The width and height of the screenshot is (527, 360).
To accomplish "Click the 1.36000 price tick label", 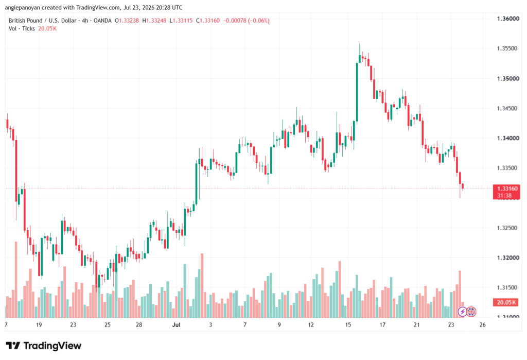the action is pos(508,19).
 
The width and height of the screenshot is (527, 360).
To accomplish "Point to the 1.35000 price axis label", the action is pos(508,79).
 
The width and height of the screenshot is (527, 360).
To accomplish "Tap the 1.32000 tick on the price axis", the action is pos(508,258).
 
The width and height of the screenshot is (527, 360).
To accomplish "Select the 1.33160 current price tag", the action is pos(506,188).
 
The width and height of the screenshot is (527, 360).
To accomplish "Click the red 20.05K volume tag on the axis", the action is pos(506,302).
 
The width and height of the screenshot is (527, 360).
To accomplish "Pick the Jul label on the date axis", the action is pos(176,324).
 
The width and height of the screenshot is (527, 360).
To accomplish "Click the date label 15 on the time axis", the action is pos(348,324).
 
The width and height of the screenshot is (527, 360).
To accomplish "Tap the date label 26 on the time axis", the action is pos(482,324).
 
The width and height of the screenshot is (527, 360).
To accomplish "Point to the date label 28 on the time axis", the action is pos(139,324).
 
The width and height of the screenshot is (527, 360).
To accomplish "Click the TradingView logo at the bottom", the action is pos(44,346).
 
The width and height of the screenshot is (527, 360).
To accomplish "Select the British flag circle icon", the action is pos(471,312).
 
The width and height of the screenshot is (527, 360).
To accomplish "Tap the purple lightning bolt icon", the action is pos(463,312).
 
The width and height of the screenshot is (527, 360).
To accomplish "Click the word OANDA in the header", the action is pos(102,21).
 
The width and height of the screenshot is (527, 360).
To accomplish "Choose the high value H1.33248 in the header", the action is pos(154,21).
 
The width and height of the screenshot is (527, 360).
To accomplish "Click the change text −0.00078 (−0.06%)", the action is pos(247,21).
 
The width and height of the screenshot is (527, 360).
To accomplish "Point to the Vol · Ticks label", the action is pos(22,29).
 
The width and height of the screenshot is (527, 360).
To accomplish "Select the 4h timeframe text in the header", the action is pos(85,21).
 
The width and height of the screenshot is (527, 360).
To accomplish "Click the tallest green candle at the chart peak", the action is pos(357,92).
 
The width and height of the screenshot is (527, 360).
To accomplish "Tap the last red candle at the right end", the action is pos(463,186).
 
